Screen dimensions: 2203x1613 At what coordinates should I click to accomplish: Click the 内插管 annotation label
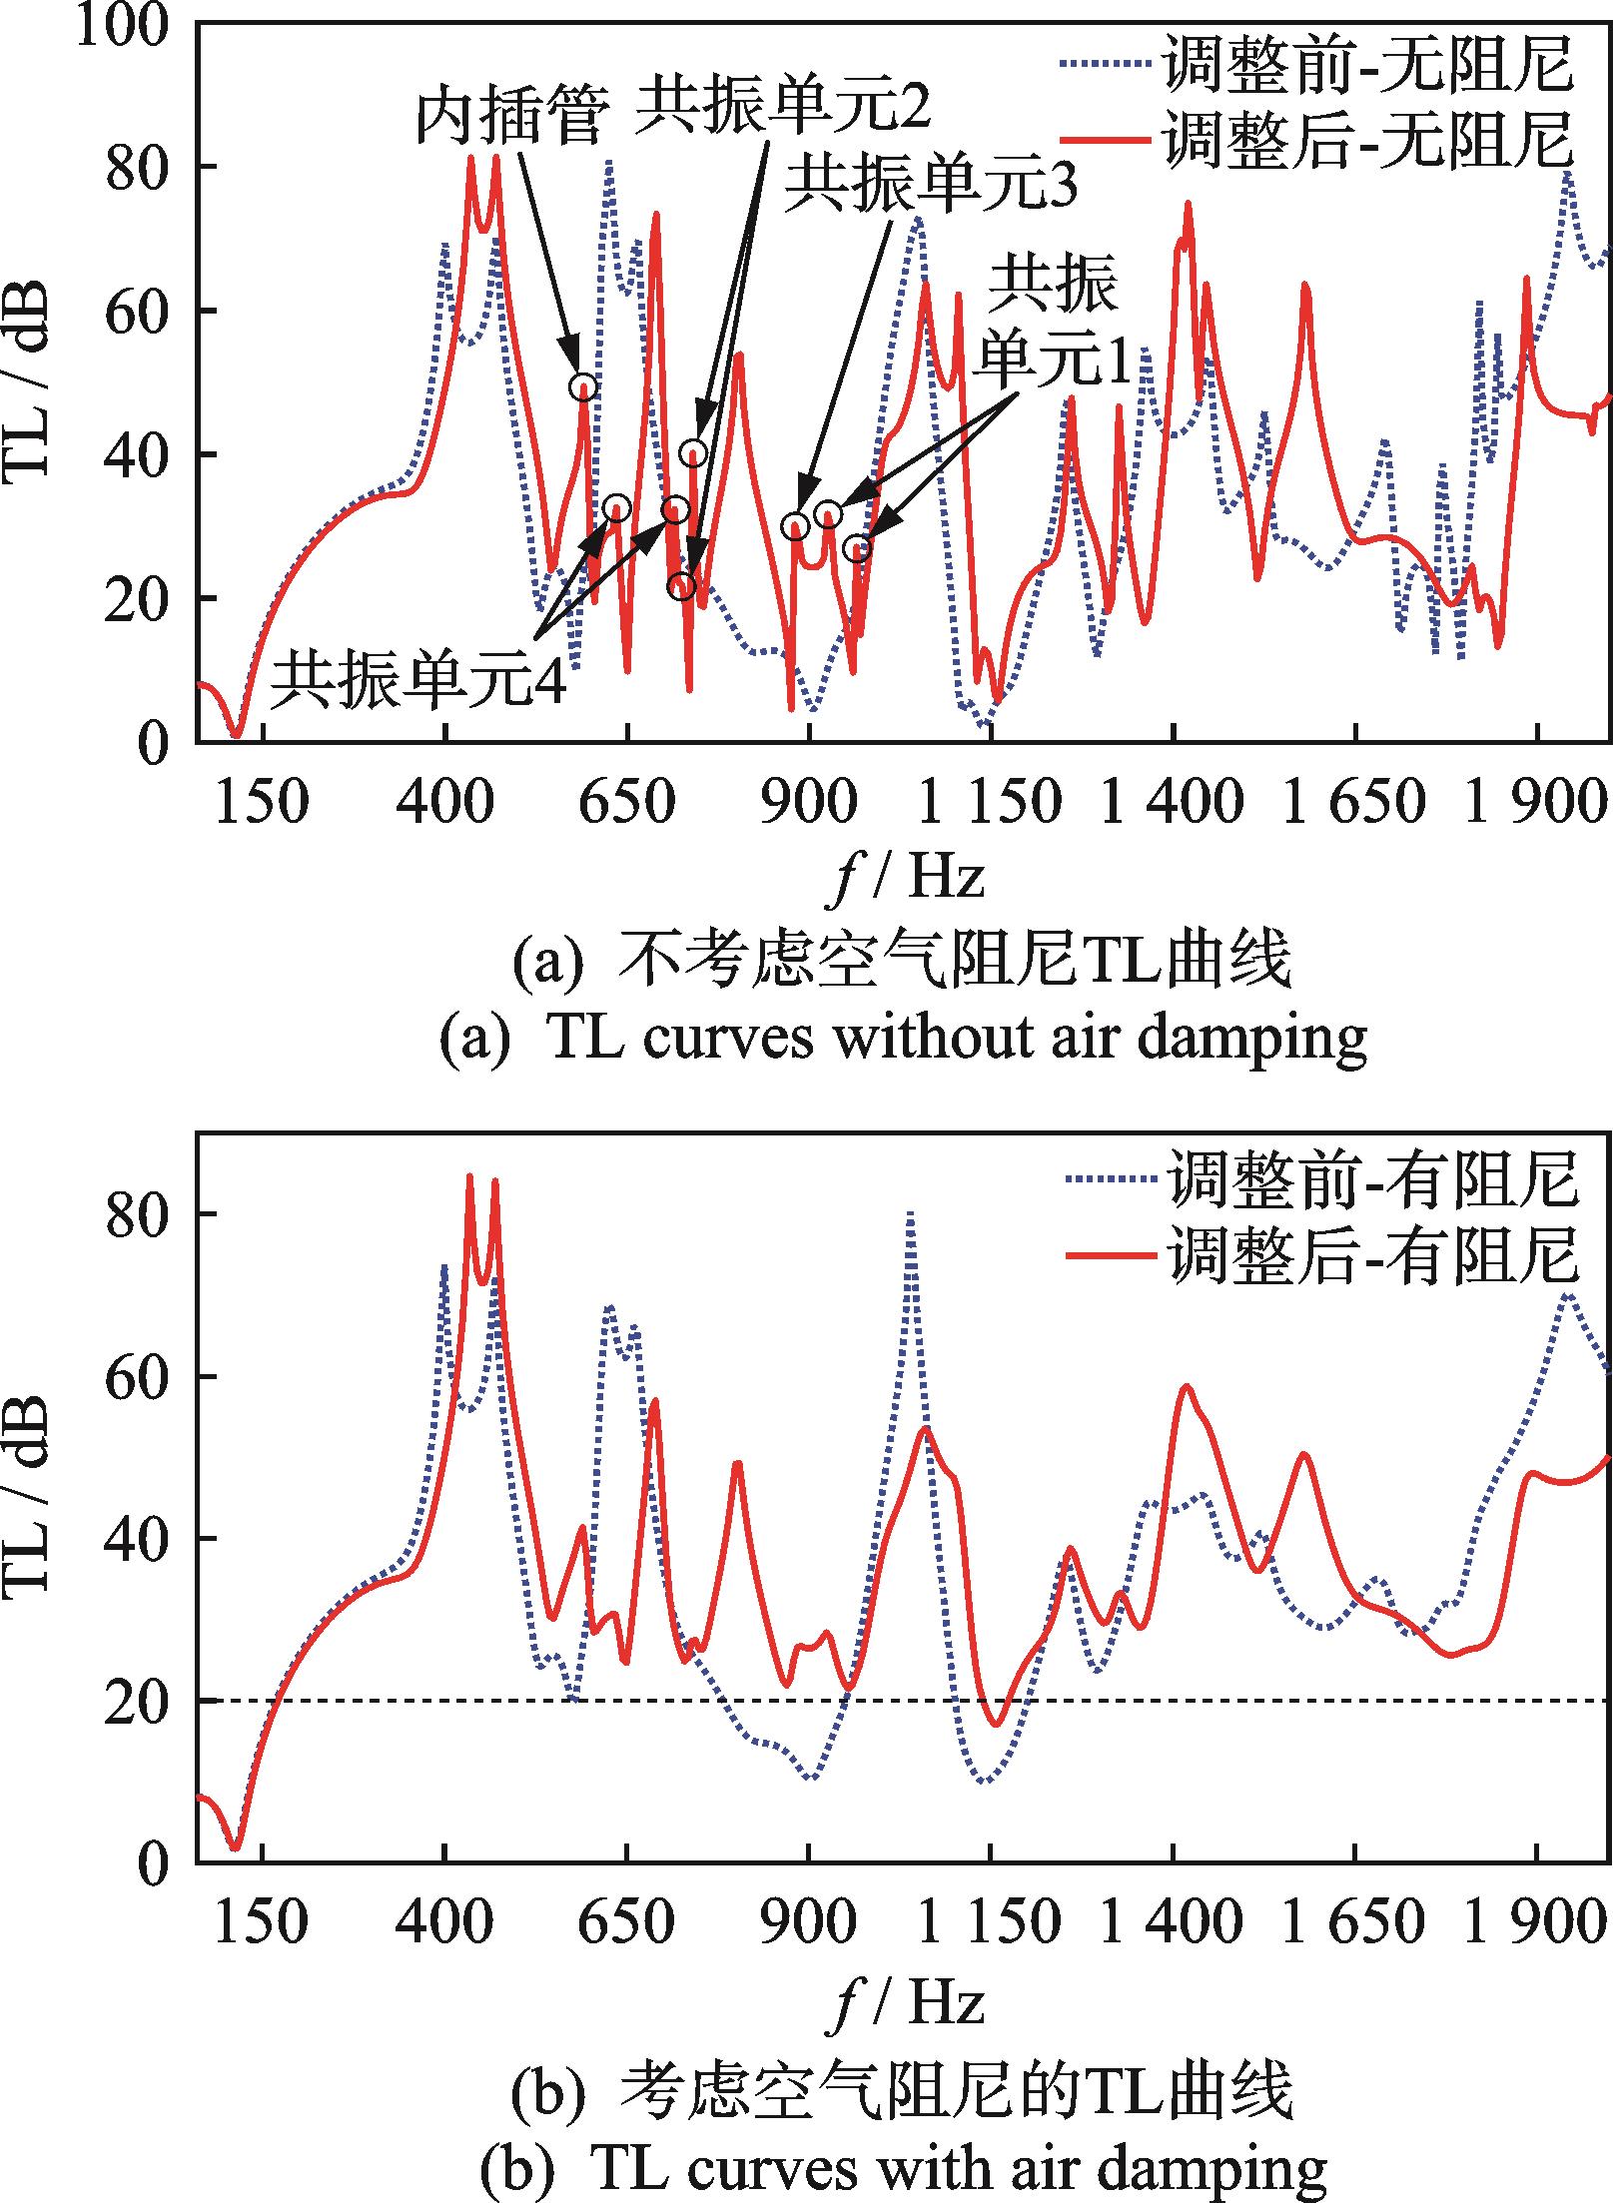click(x=512, y=120)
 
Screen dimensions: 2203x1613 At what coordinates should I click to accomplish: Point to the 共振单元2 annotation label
click(x=784, y=106)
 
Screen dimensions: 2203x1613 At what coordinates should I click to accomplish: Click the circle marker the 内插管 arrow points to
click(x=584, y=386)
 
